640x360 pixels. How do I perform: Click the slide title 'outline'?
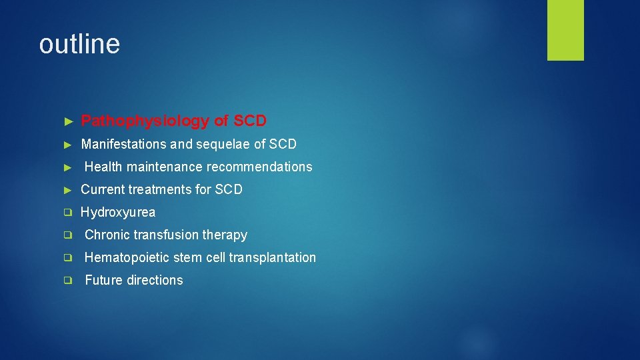(79, 44)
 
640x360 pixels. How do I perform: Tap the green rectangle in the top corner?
(565, 29)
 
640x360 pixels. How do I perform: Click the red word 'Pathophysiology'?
(145, 121)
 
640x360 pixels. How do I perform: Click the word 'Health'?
(103, 167)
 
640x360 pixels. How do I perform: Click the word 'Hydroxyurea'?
(118, 212)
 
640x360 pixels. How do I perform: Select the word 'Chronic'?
(107, 235)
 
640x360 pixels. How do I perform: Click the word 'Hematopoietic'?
(125, 257)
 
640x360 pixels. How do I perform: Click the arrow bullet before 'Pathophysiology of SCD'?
(67, 121)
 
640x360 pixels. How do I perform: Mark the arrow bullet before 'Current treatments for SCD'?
(67, 189)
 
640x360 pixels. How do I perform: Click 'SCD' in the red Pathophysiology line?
(250, 121)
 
